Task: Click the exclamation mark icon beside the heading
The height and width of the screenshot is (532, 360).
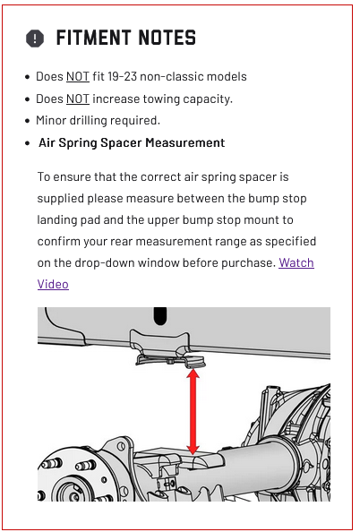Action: tap(35, 38)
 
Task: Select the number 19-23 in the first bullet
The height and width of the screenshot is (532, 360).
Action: tap(122, 76)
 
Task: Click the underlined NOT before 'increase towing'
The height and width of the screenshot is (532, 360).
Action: tap(78, 99)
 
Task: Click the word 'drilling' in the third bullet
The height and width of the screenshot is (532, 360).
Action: tap(89, 121)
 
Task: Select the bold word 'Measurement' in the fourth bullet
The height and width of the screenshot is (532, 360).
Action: tap(185, 142)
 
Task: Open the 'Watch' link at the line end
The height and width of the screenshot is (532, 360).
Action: tap(296, 263)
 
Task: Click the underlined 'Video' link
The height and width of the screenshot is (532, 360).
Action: tap(53, 284)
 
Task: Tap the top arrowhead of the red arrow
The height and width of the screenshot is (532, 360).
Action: tap(193, 373)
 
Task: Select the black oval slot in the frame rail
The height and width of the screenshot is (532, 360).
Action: tap(160, 316)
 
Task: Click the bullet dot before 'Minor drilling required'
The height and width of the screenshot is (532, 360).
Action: tap(28, 121)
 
